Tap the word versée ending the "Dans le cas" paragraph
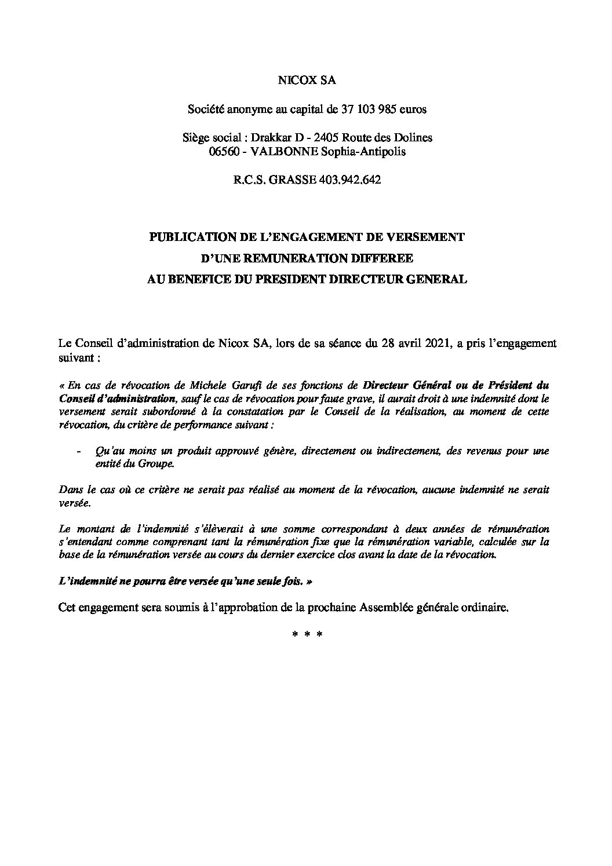(x=75, y=503)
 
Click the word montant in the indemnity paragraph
(x=97, y=529)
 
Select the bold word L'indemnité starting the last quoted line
(x=89, y=581)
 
